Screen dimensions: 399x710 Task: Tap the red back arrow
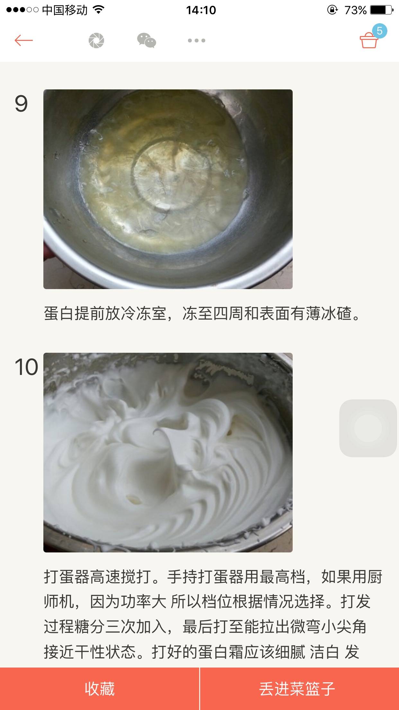[x=23, y=41]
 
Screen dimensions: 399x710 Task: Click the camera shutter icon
[x=96, y=41]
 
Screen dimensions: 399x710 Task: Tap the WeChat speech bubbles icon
[x=146, y=41]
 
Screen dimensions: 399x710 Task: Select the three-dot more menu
[x=197, y=41]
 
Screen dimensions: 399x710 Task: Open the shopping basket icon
[x=368, y=41]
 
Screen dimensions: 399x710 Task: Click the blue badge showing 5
[x=379, y=31]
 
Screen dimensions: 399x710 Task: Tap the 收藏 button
[x=100, y=689]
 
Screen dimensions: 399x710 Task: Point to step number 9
[x=21, y=104]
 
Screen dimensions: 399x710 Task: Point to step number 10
[x=26, y=367]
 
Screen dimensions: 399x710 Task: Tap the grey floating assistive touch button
[x=368, y=428]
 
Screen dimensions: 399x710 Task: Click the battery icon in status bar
[x=381, y=10]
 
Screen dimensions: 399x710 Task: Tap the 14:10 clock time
[x=201, y=10]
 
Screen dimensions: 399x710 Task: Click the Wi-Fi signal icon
[x=99, y=10]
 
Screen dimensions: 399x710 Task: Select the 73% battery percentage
[x=355, y=10]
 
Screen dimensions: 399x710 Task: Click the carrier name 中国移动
[x=65, y=10]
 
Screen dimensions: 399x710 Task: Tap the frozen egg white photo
[x=168, y=189]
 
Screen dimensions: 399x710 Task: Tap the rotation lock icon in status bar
[x=332, y=10]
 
